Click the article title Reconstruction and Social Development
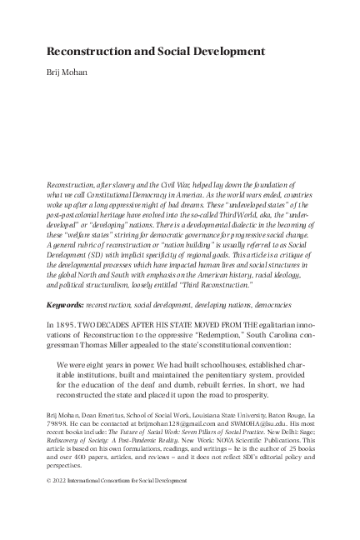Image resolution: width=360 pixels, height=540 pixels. pos(156,52)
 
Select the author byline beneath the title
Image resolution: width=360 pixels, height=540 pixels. pos(71,73)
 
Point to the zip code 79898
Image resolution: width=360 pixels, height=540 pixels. pos(58,446)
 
